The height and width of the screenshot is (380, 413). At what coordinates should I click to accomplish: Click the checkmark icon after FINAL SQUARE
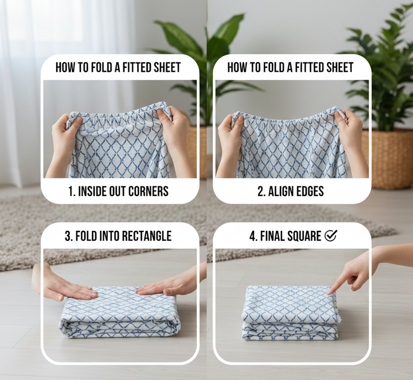pyautogui.click(x=330, y=236)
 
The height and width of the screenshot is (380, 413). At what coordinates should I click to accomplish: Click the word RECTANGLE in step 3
pyautogui.click(x=147, y=236)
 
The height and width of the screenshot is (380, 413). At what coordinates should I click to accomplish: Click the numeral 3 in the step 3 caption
pyautogui.click(x=68, y=236)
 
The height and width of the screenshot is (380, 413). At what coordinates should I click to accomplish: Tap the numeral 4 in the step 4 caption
pyautogui.click(x=252, y=236)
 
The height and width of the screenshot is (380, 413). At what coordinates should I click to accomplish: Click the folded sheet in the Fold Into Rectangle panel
pyautogui.click(x=119, y=313)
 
